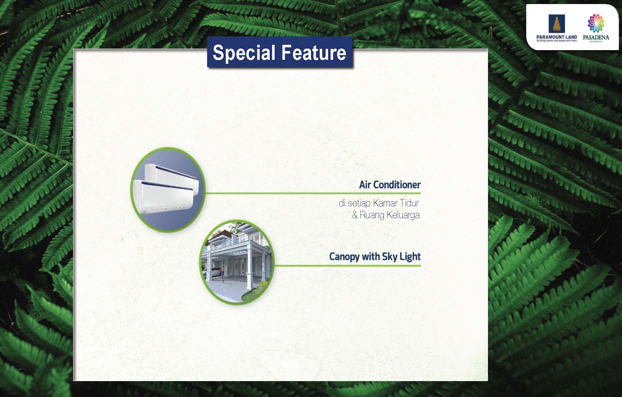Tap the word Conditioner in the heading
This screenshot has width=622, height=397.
(x=397, y=185)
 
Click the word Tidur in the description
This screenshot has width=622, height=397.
(x=410, y=203)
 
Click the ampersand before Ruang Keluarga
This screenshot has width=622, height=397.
(x=355, y=215)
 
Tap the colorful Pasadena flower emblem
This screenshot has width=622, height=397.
(x=596, y=23)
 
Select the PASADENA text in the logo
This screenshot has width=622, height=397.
(x=596, y=38)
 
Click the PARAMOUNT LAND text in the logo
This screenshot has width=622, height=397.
(x=556, y=37)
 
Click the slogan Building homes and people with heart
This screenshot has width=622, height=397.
(x=556, y=41)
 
